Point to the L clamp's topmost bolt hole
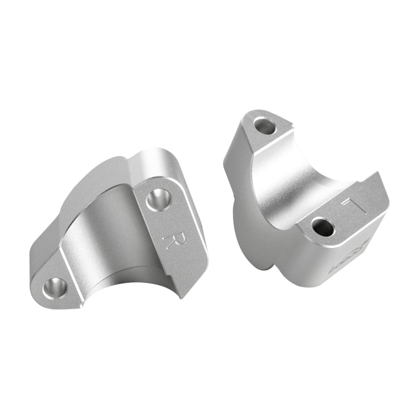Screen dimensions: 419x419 point(264,126)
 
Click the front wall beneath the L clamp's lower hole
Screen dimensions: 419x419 point(309,262)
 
